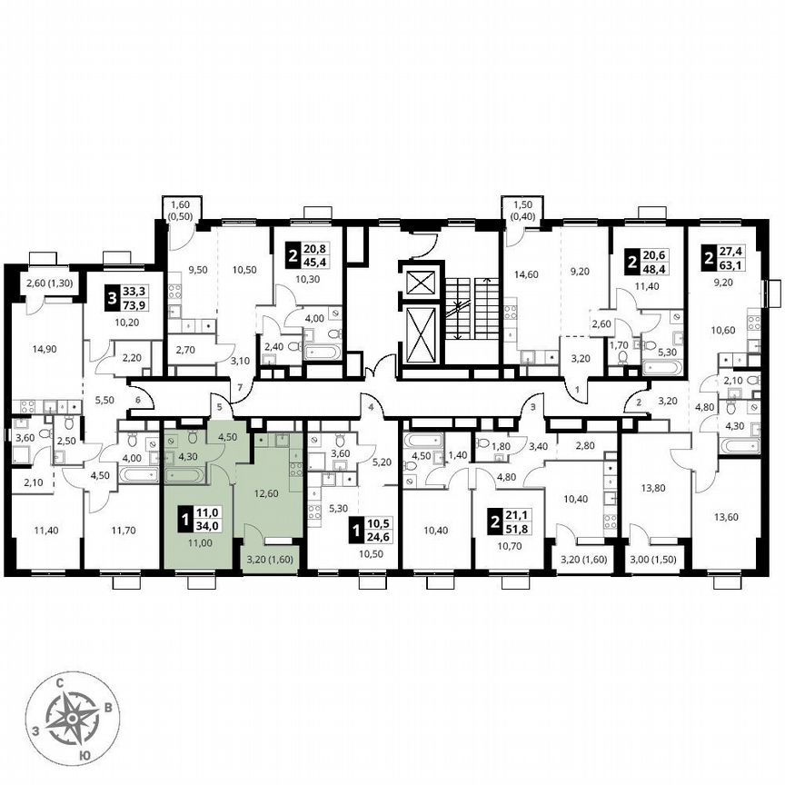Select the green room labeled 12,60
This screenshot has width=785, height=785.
(270, 495)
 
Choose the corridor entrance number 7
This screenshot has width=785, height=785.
(240, 388)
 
